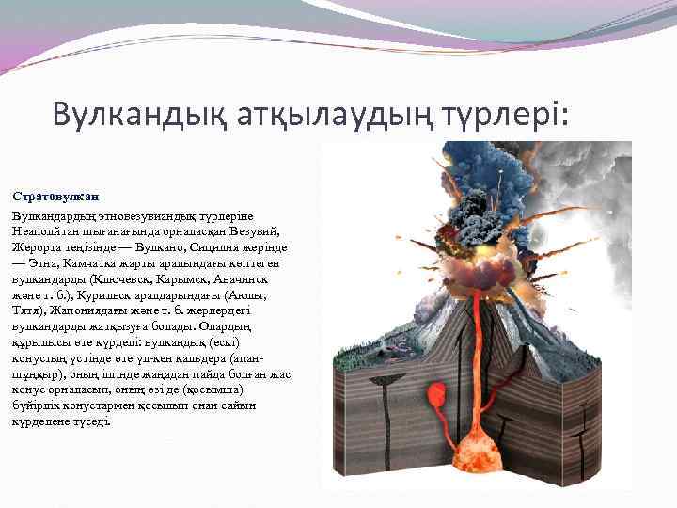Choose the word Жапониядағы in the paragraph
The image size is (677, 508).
[x=87, y=311]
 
